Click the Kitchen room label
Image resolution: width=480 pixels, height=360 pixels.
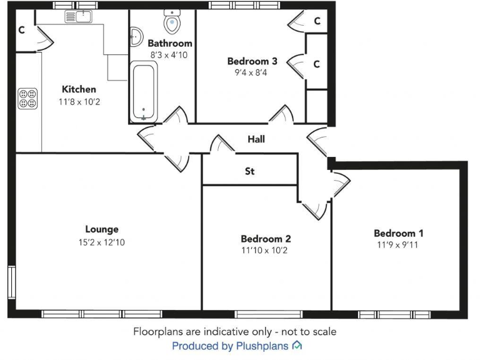(79, 89)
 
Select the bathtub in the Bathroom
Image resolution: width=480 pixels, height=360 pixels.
(143, 91)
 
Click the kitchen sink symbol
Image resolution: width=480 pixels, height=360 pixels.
(79, 16)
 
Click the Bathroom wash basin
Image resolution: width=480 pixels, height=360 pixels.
(137, 34)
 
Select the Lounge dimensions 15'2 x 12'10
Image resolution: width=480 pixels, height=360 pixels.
(102, 242)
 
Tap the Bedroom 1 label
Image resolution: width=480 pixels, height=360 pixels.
(399, 233)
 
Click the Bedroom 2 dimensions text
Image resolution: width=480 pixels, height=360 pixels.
(266, 251)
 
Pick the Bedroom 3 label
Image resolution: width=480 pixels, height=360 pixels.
(252, 61)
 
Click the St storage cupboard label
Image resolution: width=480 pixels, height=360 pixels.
(249, 171)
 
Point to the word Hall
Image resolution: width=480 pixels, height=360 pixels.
(256, 139)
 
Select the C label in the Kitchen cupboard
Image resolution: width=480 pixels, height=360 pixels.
(21, 29)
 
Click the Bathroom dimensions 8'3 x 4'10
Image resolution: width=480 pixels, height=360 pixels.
(169, 55)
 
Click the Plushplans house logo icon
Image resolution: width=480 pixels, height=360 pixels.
(297, 345)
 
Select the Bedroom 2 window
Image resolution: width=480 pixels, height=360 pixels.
(268, 313)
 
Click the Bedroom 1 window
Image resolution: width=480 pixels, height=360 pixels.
(396, 313)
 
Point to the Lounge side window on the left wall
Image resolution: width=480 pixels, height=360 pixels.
(11, 284)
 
